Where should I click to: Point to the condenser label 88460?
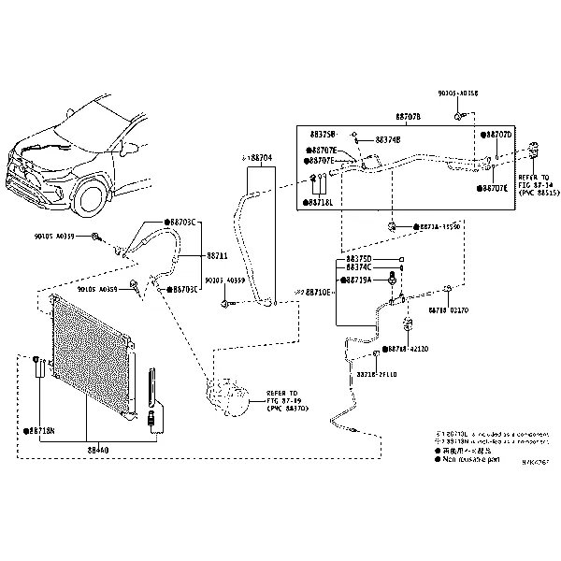pyautogui.click(x=98, y=450)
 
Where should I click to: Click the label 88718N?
pyautogui.click(x=40, y=431)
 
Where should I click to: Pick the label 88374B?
pyautogui.click(x=387, y=140)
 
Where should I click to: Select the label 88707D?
pyautogui.click(x=497, y=135)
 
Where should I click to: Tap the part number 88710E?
pyautogui.click(x=315, y=292)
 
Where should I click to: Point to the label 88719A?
pyautogui.click(x=359, y=280)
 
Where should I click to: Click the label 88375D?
pyautogui.click(x=359, y=258)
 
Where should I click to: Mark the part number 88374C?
pyautogui.click(x=359, y=267)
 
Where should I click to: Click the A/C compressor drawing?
pyautogui.click(x=227, y=397)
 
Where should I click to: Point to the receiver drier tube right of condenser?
pyautogui.click(x=152, y=393)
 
